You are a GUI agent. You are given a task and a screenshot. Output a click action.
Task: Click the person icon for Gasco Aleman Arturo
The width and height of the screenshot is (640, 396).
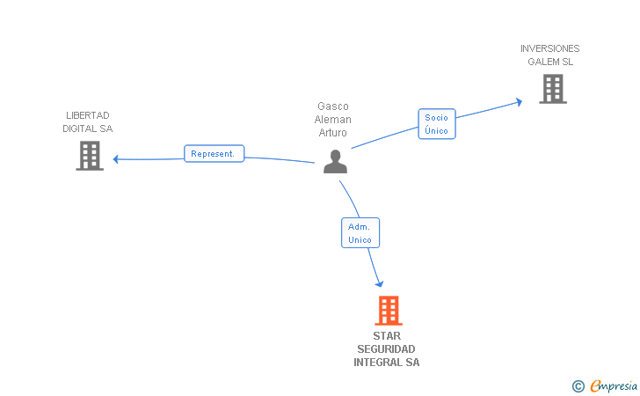335,162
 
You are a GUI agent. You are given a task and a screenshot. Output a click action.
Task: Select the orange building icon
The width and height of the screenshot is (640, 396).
388,311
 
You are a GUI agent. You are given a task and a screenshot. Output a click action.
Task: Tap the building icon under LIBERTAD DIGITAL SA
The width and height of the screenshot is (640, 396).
90,156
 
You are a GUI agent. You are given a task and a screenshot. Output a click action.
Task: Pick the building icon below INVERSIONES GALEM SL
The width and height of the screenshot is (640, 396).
552,89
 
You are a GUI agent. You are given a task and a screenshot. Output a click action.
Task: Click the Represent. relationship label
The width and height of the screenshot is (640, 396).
214,154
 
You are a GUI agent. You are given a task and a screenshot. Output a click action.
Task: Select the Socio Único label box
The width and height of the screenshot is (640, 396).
436,124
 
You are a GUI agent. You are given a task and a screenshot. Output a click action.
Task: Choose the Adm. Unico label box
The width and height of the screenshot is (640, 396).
360,233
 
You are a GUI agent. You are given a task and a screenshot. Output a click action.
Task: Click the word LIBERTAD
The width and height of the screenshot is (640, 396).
88,115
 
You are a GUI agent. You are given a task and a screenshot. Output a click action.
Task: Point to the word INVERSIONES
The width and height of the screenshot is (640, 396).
549,48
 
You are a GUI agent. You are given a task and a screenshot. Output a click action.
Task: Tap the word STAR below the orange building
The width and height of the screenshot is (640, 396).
387,336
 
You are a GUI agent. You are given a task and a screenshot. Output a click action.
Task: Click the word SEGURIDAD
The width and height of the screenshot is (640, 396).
387,349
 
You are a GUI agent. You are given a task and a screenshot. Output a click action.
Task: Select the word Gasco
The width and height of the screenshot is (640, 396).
333,106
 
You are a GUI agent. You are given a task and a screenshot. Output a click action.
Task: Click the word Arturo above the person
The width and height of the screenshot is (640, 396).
333,133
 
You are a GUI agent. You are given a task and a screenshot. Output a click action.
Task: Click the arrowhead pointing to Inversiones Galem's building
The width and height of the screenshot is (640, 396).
519,102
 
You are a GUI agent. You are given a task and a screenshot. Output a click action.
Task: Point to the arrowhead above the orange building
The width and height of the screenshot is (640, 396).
380,282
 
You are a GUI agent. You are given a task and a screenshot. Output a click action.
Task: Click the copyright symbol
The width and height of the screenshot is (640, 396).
578,385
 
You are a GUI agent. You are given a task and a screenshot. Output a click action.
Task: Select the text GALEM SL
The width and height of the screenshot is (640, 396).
550,62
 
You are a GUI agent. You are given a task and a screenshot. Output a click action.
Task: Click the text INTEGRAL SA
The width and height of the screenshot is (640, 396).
387,363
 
